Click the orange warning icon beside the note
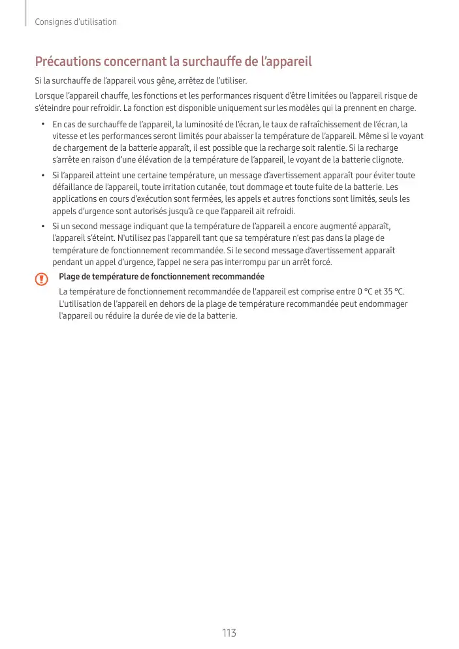pyautogui.click(x=42, y=279)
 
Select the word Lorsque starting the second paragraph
pyautogui.click(x=49, y=96)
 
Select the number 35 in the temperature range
pyautogui.click(x=385, y=291)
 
